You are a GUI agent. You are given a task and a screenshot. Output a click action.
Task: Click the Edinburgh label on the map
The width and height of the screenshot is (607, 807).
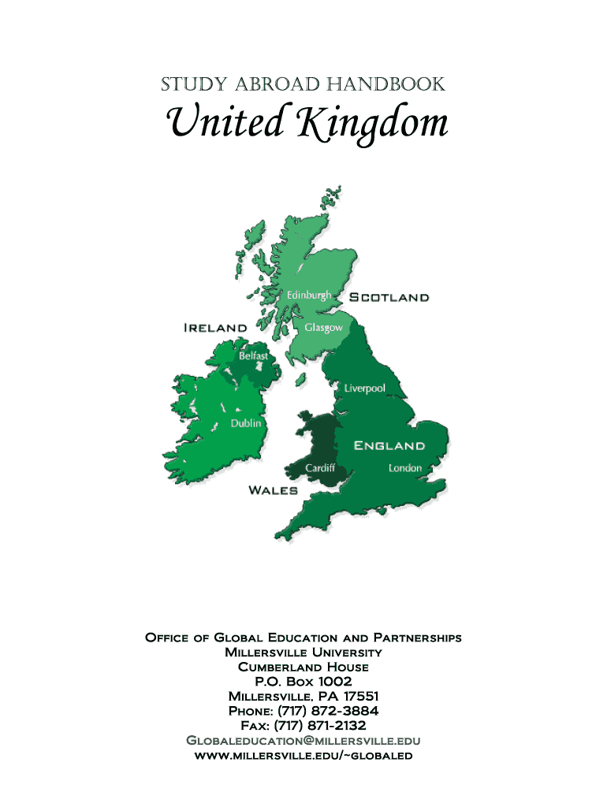(x=308, y=295)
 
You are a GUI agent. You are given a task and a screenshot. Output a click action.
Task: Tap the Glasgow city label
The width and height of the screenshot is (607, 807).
(x=323, y=327)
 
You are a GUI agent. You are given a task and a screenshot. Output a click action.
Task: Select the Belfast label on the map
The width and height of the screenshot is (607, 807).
(x=253, y=356)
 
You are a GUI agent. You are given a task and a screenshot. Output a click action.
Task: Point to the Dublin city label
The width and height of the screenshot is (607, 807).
(x=245, y=423)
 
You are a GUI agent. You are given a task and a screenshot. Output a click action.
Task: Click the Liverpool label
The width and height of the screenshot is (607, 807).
(x=364, y=389)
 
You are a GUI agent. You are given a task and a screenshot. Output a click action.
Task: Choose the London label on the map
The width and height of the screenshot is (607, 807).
(x=405, y=468)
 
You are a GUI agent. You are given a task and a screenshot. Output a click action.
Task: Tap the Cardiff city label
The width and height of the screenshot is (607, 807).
(x=320, y=468)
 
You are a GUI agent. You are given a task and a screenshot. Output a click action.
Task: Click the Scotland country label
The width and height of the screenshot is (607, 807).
(x=389, y=298)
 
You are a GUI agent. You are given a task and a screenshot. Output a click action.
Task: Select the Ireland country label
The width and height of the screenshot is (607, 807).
(x=215, y=327)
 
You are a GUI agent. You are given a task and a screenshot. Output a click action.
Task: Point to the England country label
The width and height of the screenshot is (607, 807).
(x=389, y=446)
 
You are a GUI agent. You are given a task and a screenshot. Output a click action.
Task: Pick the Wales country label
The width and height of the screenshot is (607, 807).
(x=273, y=490)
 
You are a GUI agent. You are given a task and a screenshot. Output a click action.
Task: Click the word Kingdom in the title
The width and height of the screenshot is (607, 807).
(x=371, y=125)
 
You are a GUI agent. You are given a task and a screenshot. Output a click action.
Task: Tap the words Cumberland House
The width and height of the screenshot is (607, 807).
(x=303, y=667)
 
